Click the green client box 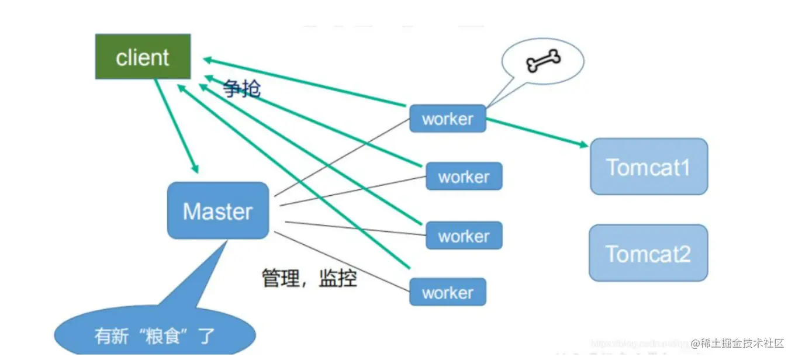point(143,57)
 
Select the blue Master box point(218,210)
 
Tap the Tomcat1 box point(648,167)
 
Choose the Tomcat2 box point(648,253)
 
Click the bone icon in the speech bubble point(543,60)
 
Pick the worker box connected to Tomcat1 point(447,119)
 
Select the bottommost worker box point(447,292)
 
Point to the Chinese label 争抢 point(241,88)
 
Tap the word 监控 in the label point(338,278)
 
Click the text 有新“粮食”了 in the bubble point(155,336)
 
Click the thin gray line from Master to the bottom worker point(342,261)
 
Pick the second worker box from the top point(464,176)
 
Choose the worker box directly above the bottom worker point(464,236)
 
